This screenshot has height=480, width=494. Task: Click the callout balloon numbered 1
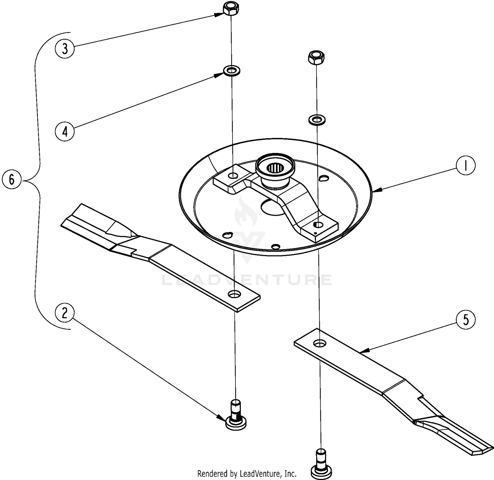tap(465, 166)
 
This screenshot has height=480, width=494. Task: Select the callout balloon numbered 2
tap(65, 312)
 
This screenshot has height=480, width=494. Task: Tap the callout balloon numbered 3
tap(65, 48)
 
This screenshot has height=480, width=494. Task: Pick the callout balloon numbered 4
tap(65, 131)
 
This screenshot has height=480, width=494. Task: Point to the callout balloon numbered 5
tap(465, 319)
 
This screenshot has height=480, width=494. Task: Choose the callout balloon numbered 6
tap(12, 180)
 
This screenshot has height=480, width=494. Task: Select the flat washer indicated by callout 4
tap(232, 70)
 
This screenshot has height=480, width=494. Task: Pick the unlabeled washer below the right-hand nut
tap(316, 119)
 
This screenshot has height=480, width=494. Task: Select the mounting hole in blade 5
tap(318, 343)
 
